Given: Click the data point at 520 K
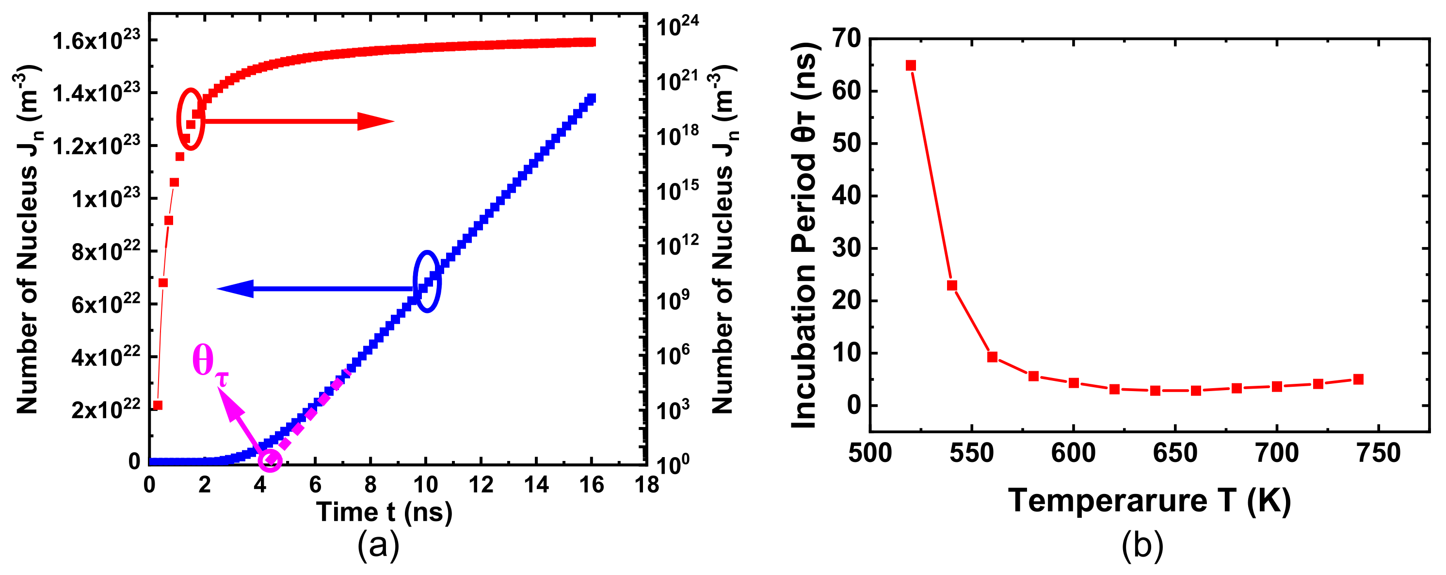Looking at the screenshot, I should click(911, 66).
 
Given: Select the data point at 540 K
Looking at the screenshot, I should click(951, 285).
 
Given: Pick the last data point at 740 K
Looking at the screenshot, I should click(1358, 379).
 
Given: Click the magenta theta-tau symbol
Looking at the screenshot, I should click(209, 364).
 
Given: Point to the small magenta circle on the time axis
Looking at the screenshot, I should click(270, 460).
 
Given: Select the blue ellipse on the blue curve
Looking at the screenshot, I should click(427, 281).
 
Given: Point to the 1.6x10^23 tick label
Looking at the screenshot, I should click(96, 40).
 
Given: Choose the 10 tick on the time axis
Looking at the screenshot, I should click(425, 484).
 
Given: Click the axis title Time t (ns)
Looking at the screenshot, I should click(384, 511).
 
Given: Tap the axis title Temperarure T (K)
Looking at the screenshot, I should click(1150, 500).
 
